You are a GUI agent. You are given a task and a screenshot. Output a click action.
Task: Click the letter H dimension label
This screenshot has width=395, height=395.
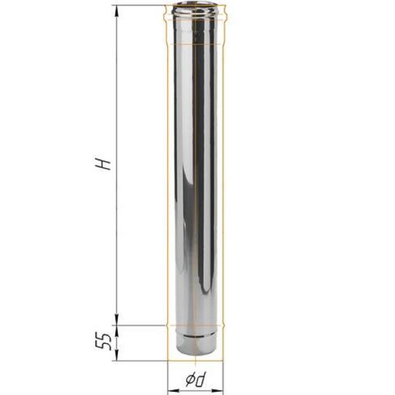click(103, 164)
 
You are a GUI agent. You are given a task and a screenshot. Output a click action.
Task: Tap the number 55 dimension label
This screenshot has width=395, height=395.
click(103, 342)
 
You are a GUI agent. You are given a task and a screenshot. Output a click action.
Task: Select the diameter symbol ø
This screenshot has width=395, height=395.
click(190, 379)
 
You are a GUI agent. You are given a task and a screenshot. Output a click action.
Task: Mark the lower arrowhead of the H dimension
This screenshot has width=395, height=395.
click(117, 319)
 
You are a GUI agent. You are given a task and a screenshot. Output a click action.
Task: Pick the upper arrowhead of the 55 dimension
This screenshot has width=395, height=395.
click(117, 331)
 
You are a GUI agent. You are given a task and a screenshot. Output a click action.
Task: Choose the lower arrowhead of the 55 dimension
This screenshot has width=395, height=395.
click(117, 355)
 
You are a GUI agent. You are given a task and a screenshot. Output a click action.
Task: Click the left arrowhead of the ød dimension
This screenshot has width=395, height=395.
click(173, 390)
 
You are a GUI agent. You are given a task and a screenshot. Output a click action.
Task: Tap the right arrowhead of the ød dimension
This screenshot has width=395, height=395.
click(217, 390)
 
